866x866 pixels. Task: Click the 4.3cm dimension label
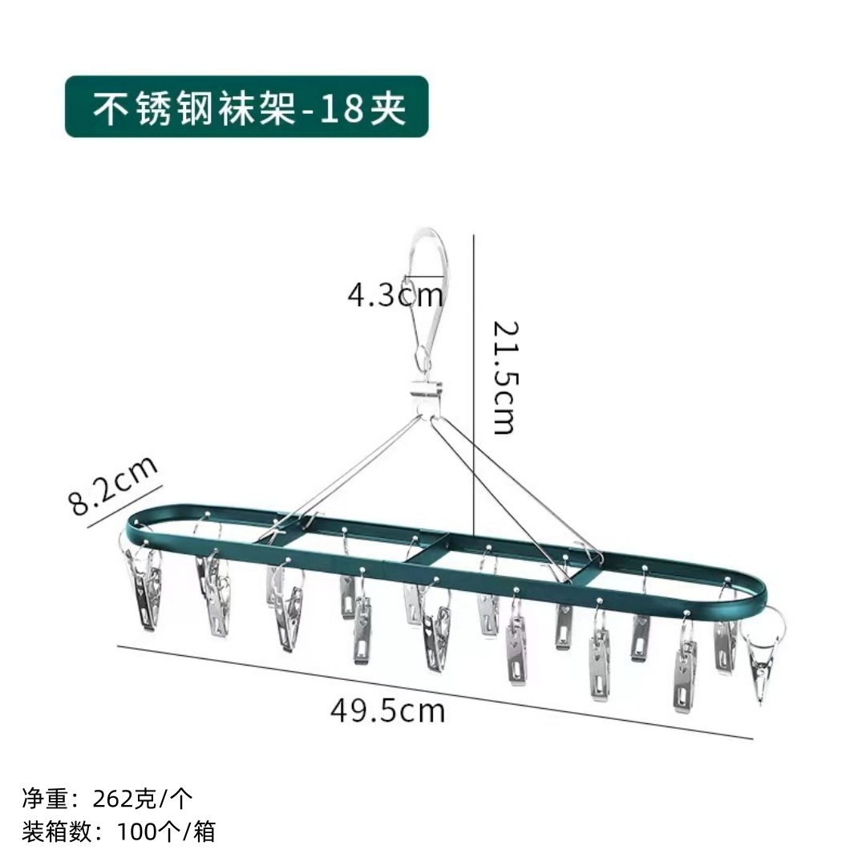click(x=395, y=295)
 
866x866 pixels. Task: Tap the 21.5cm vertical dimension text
click(x=503, y=377)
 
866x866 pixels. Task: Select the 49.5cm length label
click(x=387, y=710)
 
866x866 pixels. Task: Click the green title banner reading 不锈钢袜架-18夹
click(x=247, y=107)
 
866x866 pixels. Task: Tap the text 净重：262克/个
click(x=107, y=799)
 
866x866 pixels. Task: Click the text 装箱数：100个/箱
click(x=119, y=831)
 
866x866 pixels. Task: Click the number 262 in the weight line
click(x=114, y=799)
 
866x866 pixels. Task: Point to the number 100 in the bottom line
click(x=138, y=831)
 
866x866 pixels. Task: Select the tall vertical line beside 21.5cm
click(x=475, y=385)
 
